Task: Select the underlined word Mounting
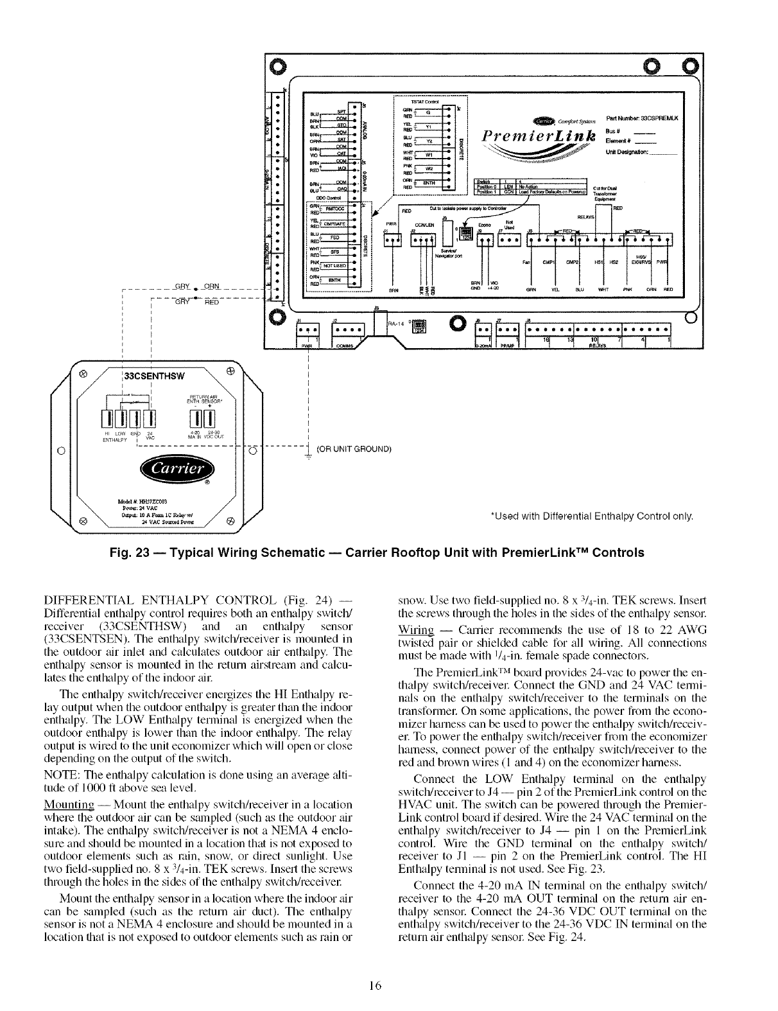(62, 804)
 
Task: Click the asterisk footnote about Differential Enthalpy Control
(591, 516)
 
